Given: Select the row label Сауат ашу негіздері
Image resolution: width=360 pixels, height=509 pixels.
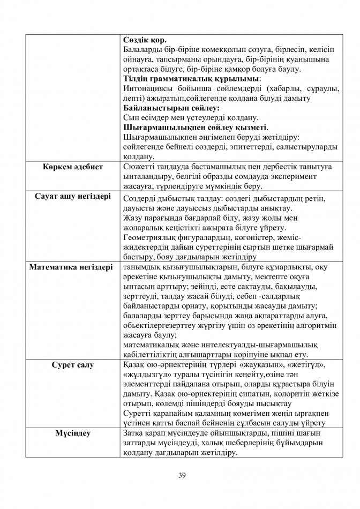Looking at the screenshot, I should pos(72,197).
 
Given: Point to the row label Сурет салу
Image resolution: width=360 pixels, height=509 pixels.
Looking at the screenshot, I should pos(72,365).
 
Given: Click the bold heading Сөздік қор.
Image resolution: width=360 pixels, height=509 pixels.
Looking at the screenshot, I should pos(145,40).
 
